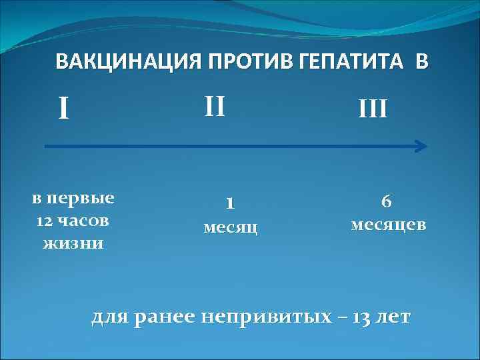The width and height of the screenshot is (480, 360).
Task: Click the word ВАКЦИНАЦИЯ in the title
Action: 120,63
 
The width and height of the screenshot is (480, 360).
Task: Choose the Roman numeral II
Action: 215,105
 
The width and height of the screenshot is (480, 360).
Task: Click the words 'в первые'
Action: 73,198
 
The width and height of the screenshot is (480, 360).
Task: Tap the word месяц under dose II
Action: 230,227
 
